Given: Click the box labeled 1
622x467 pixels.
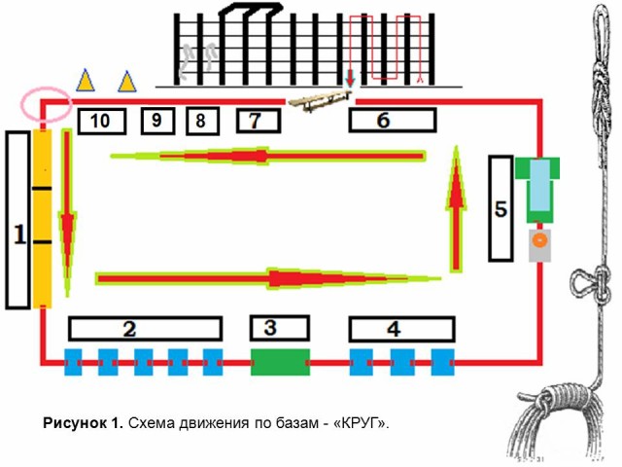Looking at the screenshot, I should pos(17,220).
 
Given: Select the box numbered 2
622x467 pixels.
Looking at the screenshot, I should pos(145,328).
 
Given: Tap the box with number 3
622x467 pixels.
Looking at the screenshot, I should pos(280,328).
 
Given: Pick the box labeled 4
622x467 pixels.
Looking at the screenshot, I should pos(393,328).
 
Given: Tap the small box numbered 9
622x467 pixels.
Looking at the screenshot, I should pos(157,121).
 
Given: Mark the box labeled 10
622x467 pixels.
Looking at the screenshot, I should pos(101,121).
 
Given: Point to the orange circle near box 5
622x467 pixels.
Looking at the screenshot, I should pos(539,239).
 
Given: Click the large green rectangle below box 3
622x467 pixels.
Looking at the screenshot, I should pos(280,361).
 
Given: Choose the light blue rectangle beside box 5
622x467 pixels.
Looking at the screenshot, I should pos(539,187).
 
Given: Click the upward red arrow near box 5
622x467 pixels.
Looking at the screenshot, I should pos(454,204).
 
